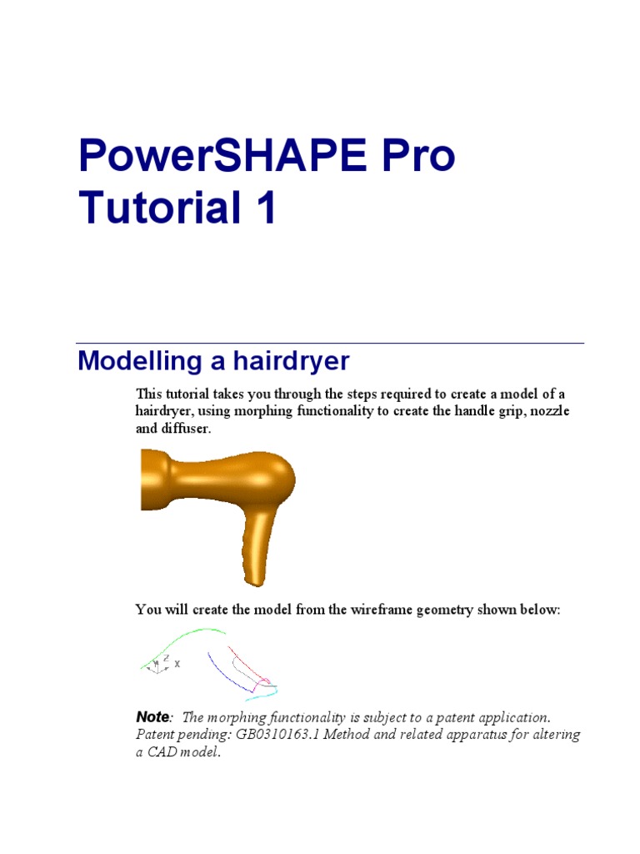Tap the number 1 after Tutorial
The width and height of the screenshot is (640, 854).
[264, 208]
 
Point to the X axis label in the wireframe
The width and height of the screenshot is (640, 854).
[177, 664]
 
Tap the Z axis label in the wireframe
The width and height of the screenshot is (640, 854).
[166, 658]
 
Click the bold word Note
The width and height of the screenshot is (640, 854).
[152, 717]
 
